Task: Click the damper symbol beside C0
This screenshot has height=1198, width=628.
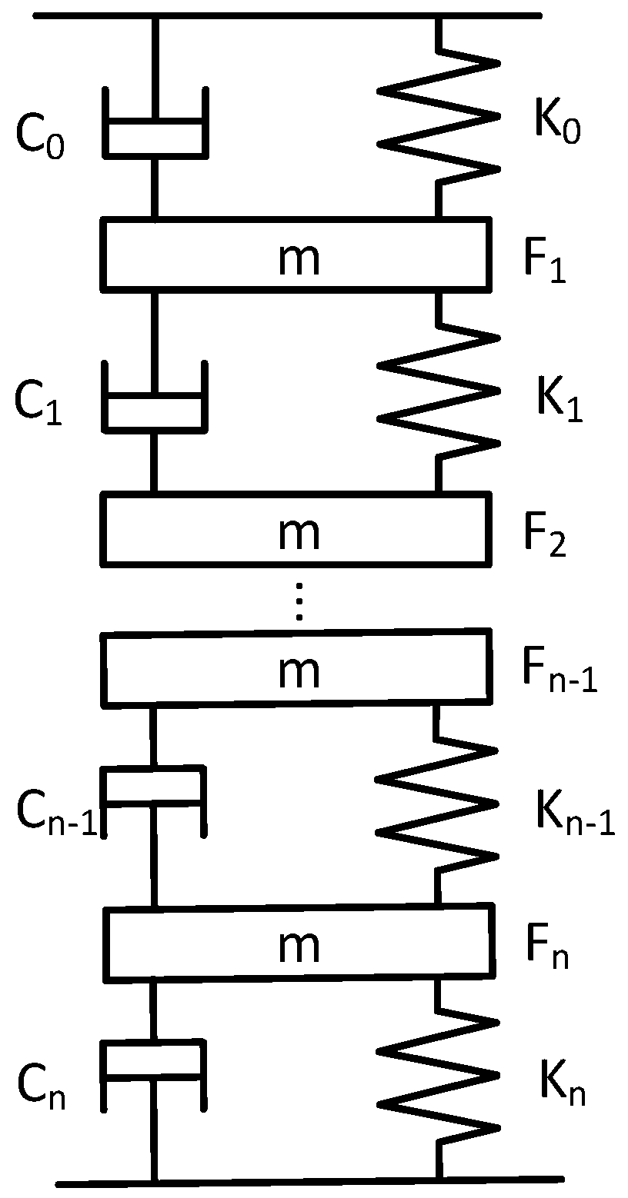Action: tap(154, 127)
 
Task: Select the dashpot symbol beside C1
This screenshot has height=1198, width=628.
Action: tap(154, 400)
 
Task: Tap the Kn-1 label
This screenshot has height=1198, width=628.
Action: tap(574, 815)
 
